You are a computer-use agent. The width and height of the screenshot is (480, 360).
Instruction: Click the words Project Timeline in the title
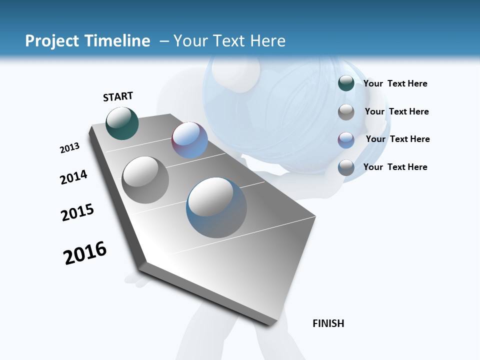[x=87, y=41]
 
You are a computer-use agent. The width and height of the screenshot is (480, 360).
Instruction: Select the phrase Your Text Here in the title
[x=229, y=41]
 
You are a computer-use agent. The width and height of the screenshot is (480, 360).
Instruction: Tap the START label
[x=118, y=96]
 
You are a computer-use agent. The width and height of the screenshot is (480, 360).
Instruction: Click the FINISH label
[x=328, y=323]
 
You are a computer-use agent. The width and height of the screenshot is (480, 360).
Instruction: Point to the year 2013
[x=69, y=148]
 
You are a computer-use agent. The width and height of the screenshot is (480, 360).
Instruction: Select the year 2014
[x=73, y=177]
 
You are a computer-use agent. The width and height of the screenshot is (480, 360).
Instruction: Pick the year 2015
[x=77, y=212]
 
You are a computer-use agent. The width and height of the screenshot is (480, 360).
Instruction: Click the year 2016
[x=85, y=253]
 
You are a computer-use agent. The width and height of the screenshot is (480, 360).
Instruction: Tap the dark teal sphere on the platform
[x=122, y=123]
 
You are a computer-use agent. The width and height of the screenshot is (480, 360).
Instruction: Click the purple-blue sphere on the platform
[x=189, y=140]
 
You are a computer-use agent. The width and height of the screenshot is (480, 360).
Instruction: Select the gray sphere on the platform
[x=145, y=180]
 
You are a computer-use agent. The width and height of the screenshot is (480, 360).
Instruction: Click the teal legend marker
[x=346, y=83]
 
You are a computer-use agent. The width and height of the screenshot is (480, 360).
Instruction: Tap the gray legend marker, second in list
[x=346, y=112]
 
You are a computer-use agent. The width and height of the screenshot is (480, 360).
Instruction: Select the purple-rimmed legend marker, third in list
[x=346, y=140]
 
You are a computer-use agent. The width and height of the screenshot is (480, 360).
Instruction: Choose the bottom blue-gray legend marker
[x=346, y=167]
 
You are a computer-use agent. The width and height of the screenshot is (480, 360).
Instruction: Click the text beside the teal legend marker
[x=395, y=83]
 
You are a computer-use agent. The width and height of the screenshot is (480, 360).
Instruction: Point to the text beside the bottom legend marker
[x=395, y=167]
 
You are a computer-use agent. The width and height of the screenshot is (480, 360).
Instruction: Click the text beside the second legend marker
[x=396, y=111]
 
